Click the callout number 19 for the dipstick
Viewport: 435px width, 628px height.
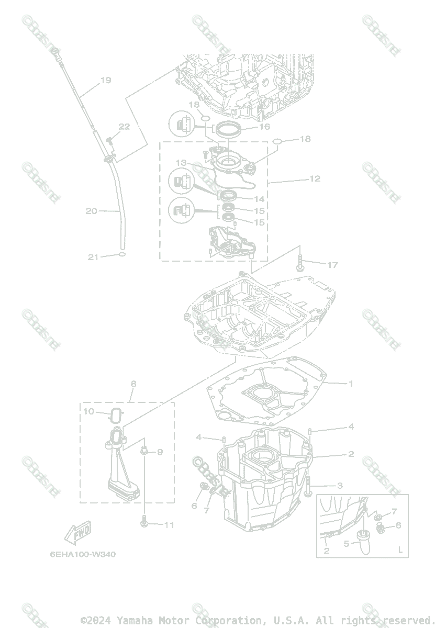tap(106, 80)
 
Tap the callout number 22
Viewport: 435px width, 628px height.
tap(124, 126)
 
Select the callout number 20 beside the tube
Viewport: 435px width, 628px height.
tap(92, 211)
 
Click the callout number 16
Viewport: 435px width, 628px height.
tap(264, 127)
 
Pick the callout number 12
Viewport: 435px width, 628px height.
tap(315, 178)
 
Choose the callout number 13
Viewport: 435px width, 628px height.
tap(181, 163)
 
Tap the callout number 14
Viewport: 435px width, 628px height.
tap(259, 199)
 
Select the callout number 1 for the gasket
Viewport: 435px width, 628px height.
tap(351, 384)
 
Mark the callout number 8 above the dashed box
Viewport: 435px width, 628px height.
tap(133, 384)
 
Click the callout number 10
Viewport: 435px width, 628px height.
tap(89, 411)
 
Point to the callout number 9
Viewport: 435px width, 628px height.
tap(160, 452)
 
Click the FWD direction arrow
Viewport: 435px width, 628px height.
tap(78, 532)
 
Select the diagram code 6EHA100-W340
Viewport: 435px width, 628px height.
tap(83, 555)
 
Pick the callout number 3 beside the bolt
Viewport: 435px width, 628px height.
tap(340, 486)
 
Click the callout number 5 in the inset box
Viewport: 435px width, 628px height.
tap(346, 544)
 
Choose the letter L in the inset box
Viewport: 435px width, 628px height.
tap(400, 550)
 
